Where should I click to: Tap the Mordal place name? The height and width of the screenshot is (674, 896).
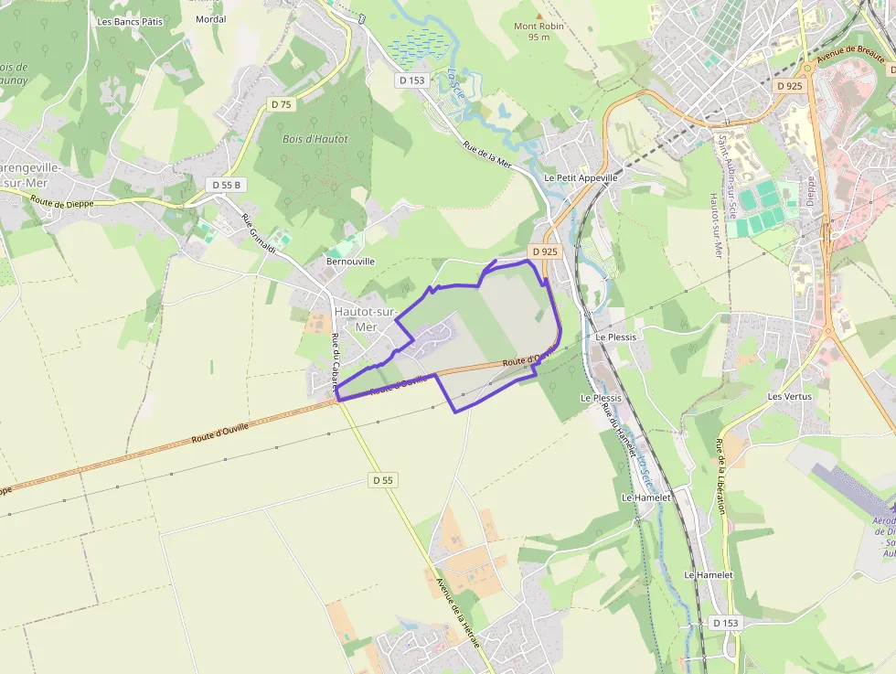coord(210,18)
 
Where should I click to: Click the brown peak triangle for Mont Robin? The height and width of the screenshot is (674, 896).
coord(539,16)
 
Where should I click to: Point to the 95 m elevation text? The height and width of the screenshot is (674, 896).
coord(539,37)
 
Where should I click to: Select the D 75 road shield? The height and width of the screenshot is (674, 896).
coord(282,104)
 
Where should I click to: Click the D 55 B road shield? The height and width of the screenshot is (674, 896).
coord(226,185)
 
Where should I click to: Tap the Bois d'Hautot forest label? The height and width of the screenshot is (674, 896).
coord(315,139)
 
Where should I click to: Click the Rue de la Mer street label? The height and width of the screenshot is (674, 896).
coord(487,154)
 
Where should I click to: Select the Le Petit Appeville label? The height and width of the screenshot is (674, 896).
coord(581,177)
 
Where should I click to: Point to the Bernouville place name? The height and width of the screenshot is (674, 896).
coord(350,261)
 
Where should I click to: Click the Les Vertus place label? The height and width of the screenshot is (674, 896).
coord(790,396)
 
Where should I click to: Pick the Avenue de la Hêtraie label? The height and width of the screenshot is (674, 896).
coord(457,612)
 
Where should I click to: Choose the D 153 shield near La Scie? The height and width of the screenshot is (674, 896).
coord(412,80)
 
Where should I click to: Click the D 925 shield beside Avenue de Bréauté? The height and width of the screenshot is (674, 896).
coord(789,85)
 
